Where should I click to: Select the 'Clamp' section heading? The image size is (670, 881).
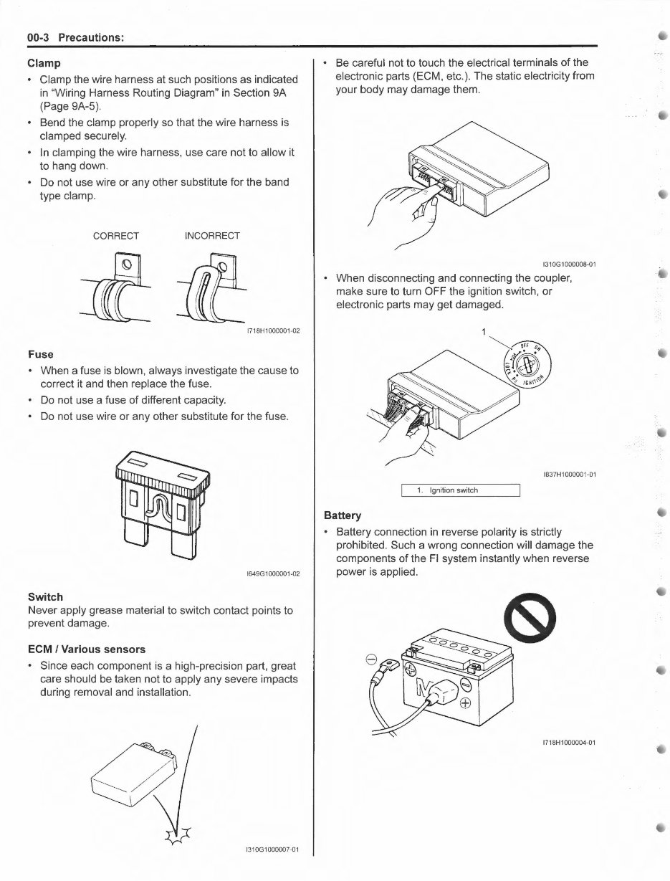point(44,63)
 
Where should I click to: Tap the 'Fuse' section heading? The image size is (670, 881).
point(40,354)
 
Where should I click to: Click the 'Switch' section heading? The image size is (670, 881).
point(45,596)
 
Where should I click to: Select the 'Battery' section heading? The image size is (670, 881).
point(343,515)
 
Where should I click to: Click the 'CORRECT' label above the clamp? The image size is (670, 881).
point(116,236)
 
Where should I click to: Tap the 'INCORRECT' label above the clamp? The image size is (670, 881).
point(212,236)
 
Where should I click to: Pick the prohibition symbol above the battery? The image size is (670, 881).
point(538,616)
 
